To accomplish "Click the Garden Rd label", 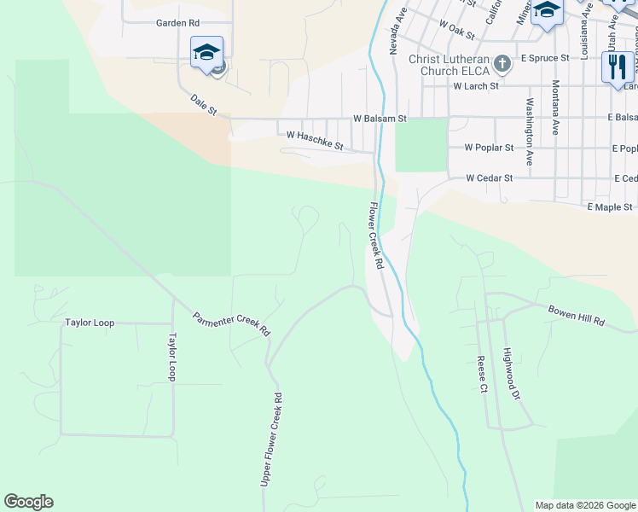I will (x=177, y=23).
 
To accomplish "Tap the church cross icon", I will (x=502, y=63).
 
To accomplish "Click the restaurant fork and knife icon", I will (x=617, y=67).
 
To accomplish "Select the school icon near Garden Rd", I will (x=206, y=53).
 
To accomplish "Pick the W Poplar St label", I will (x=489, y=148).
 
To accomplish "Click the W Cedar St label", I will (x=489, y=178).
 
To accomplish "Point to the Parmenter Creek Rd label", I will (x=230, y=323).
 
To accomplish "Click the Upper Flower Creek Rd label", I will (x=271, y=440).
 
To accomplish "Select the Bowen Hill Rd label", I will (x=576, y=315).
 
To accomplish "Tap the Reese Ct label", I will (x=482, y=374).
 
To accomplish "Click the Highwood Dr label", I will (x=511, y=374).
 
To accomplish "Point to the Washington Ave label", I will (x=529, y=132).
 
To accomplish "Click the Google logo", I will (x=28, y=502).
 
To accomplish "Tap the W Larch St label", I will (x=483, y=86).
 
